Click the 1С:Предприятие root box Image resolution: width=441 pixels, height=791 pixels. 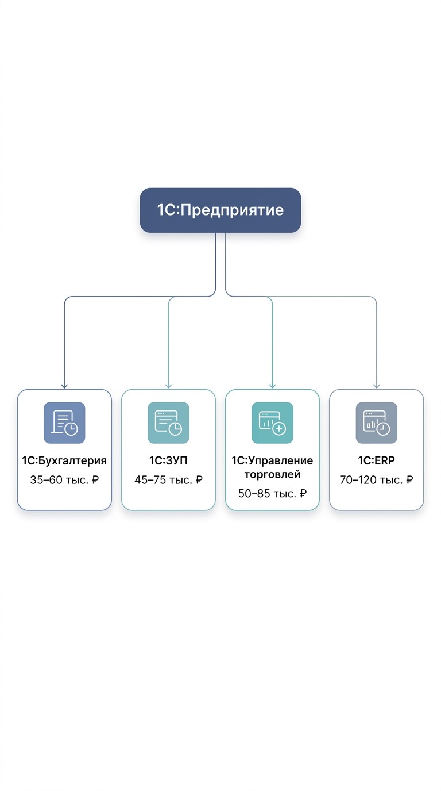click(220, 210)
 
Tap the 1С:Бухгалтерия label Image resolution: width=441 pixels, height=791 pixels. click(64, 460)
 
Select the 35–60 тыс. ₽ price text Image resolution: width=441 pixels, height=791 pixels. click(64, 480)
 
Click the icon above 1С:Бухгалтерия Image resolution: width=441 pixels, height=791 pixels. click(64, 423)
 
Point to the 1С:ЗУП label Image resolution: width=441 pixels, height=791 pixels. click(168, 460)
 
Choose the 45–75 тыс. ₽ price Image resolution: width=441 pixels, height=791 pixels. click(168, 480)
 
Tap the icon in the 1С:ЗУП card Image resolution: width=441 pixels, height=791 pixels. click(168, 423)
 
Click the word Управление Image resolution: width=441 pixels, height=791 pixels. click(281, 461)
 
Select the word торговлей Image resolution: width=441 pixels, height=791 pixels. click(272, 475)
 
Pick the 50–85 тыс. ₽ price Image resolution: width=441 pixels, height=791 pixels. click(272, 493)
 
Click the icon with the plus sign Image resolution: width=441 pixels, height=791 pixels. click(272, 423)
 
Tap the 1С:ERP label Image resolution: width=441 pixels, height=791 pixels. click(377, 460)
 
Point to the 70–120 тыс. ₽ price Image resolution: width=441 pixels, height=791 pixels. click(377, 480)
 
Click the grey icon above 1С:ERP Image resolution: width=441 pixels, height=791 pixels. click(377, 423)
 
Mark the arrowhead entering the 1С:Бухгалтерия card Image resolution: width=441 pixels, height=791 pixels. click(64, 386)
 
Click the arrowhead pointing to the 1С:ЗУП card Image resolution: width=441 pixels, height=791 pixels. click(168, 386)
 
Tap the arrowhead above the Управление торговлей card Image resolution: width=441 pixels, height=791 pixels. click(272, 386)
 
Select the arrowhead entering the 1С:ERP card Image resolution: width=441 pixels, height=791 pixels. click(377, 386)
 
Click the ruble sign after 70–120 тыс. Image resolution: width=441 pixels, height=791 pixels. click(409, 480)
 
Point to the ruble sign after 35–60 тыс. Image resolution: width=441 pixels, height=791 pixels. click(95, 480)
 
